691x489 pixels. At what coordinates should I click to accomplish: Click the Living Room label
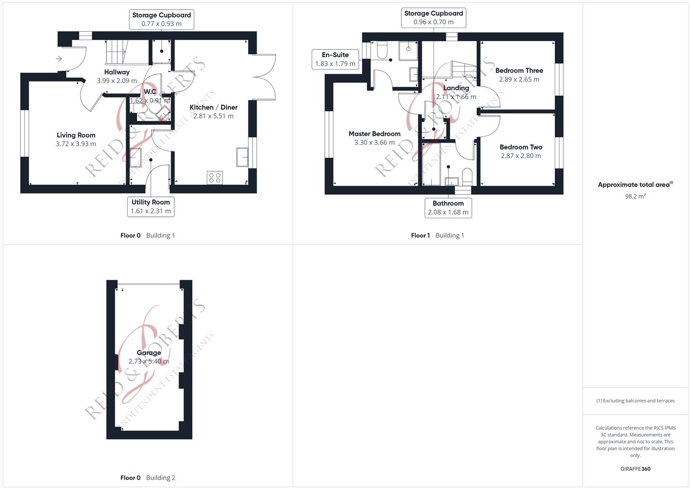pos(76,135)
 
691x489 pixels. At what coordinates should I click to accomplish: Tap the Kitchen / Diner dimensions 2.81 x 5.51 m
pos(213,116)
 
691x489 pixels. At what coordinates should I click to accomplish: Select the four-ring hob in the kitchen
pos(214,177)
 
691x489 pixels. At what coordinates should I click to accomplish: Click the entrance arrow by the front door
pos(59,58)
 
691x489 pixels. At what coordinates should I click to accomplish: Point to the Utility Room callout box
pos(151,206)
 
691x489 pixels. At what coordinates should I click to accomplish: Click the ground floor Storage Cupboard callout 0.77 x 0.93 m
pos(162,19)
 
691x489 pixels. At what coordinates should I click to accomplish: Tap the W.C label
pos(150,92)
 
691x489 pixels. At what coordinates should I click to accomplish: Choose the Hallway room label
pos(117,72)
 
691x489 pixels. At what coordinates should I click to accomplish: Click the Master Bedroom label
pos(374,134)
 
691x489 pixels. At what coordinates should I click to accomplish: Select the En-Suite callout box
pos(335,59)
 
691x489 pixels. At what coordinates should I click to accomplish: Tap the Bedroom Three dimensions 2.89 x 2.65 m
pos(519,79)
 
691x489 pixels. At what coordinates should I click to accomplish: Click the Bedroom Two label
pos(521,147)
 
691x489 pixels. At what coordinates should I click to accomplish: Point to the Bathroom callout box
pos(448,208)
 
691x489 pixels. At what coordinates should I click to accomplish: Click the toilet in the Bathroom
pos(467,176)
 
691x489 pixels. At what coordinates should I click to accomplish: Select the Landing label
pos(456,88)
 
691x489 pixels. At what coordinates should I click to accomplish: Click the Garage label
pos(149,353)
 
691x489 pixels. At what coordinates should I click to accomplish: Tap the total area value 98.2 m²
pos(635,197)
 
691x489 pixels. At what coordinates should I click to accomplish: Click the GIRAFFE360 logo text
pos(635,469)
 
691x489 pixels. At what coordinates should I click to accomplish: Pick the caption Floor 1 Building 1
pos(437,235)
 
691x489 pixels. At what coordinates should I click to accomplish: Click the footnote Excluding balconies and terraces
pos(635,401)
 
